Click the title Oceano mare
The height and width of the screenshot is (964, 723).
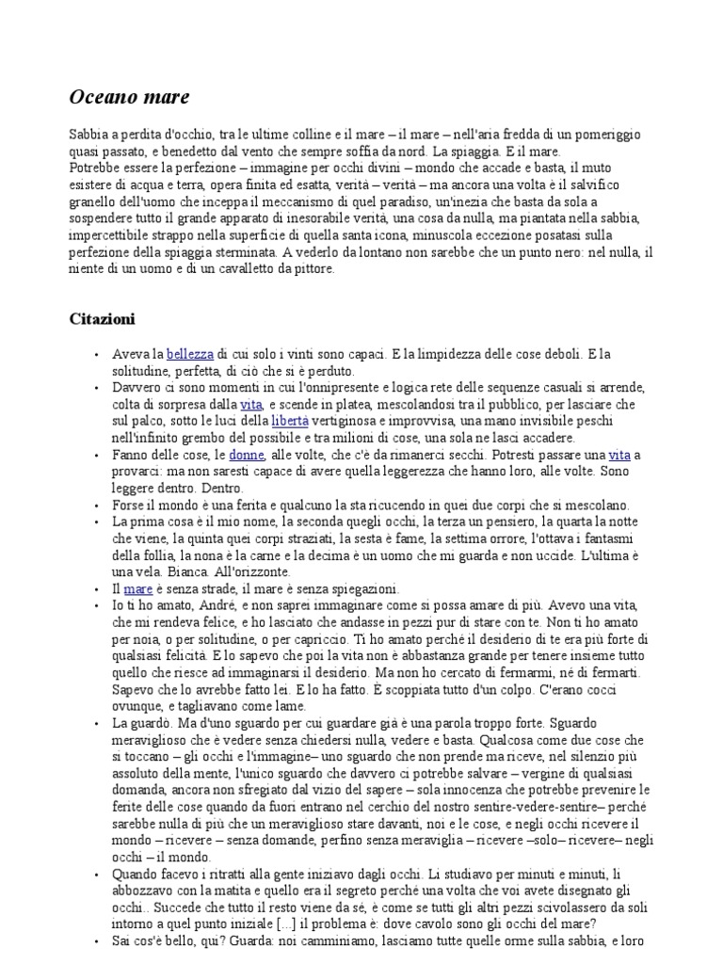coord(130,96)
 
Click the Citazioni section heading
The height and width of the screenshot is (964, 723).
coord(103,318)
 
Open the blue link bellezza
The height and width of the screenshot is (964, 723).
coord(190,354)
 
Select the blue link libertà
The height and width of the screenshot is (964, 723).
coord(290,421)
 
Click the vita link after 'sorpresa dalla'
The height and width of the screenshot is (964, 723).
coord(251,404)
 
